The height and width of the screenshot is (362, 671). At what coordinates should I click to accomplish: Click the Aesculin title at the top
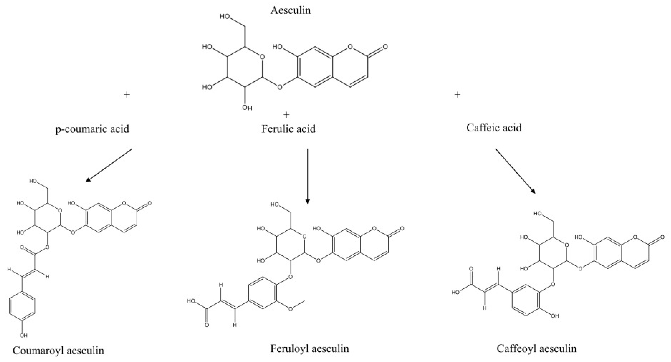click(290, 10)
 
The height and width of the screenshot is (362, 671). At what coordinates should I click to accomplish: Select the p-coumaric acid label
click(92, 129)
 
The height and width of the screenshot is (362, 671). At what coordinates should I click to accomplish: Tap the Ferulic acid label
click(288, 129)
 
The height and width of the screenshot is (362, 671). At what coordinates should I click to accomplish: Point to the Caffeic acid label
click(494, 128)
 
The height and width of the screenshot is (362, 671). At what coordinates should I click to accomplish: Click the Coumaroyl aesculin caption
click(58, 350)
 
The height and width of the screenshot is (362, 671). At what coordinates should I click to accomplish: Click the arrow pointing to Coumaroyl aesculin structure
click(109, 165)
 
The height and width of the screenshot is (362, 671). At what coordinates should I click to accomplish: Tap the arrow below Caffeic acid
click(515, 171)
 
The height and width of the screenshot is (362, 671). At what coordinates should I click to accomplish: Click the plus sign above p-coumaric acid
click(127, 94)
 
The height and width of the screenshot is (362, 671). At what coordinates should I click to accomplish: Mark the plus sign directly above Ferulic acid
click(286, 115)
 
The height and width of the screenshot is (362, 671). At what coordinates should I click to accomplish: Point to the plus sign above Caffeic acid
click(457, 94)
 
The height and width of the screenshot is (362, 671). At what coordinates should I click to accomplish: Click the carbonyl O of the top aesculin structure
click(385, 47)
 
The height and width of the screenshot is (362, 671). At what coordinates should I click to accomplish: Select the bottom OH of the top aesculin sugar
click(247, 108)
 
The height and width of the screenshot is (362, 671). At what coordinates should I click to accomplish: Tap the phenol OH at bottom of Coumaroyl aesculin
click(23, 335)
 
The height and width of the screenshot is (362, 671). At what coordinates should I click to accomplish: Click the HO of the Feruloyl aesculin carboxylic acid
click(191, 301)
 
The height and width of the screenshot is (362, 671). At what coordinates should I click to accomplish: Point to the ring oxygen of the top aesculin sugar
click(262, 57)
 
